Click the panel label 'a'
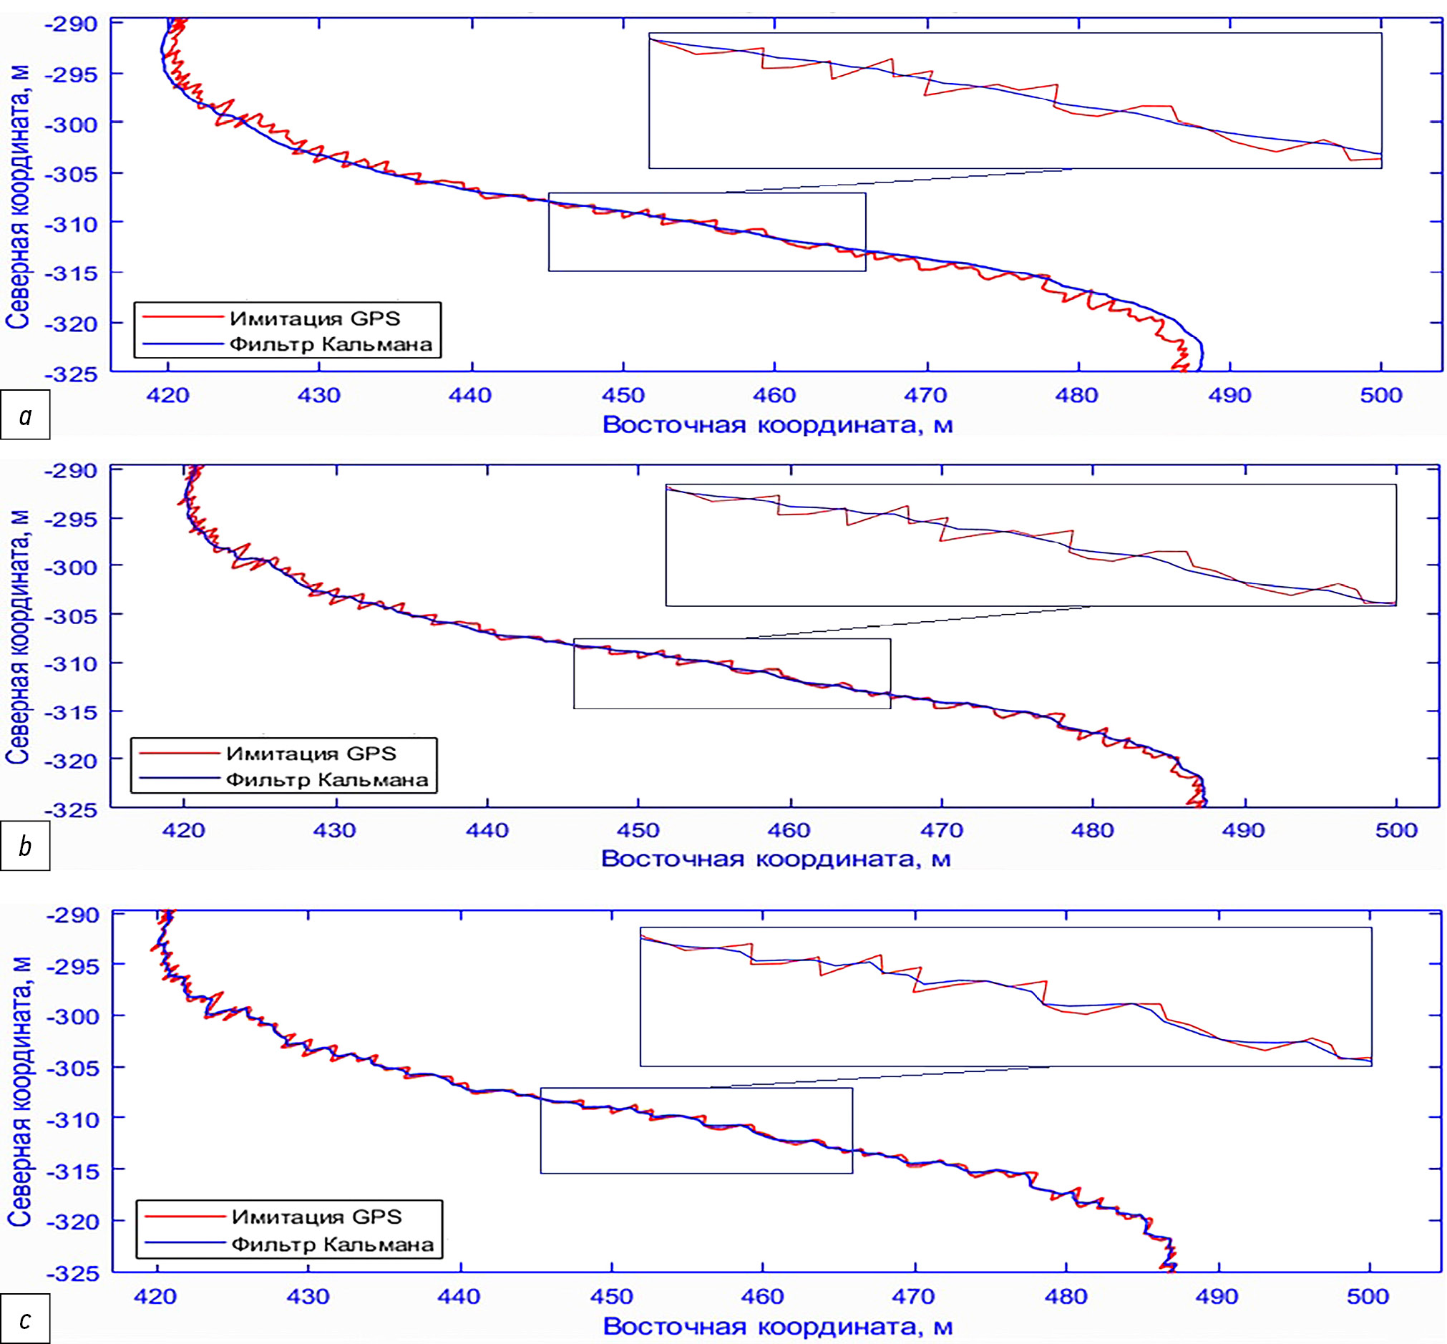(26, 415)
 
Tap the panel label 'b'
(26, 846)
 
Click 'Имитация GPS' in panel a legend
(314, 318)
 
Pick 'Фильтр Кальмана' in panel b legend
(326, 780)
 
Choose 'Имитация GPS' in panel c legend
(316, 1217)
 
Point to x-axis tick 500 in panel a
(1381, 396)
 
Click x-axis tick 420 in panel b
(183, 831)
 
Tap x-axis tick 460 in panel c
(762, 1296)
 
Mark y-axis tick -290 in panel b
(72, 472)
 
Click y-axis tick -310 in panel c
(73, 1120)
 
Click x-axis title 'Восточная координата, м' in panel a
(777, 424)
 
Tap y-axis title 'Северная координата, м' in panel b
(17, 637)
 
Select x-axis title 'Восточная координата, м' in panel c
(777, 1326)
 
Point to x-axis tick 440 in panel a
(471, 396)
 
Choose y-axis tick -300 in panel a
(72, 125)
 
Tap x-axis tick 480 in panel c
(1066, 1296)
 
